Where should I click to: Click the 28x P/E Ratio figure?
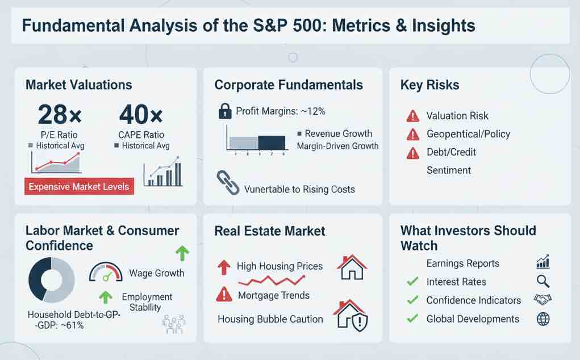(x=60, y=115)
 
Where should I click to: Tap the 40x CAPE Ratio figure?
(x=140, y=115)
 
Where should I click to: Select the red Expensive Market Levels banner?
(x=79, y=186)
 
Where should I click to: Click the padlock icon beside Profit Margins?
(x=225, y=111)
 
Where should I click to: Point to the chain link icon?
(x=228, y=182)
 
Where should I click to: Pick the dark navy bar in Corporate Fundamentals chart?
(x=272, y=143)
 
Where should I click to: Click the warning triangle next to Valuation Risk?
(x=413, y=116)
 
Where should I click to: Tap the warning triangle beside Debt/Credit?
(x=413, y=153)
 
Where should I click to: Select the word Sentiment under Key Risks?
(x=449, y=170)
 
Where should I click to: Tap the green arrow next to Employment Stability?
(x=106, y=297)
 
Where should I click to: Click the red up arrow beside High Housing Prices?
(x=224, y=267)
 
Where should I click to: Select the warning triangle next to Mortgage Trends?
(x=224, y=295)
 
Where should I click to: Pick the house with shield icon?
(x=350, y=315)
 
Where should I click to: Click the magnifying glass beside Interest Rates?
(x=543, y=281)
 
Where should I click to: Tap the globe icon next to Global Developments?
(x=543, y=319)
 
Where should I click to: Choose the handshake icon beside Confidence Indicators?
(x=543, y=299)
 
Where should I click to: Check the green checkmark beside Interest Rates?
(x=412, y=281)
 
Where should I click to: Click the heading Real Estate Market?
(x=270, y=231)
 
